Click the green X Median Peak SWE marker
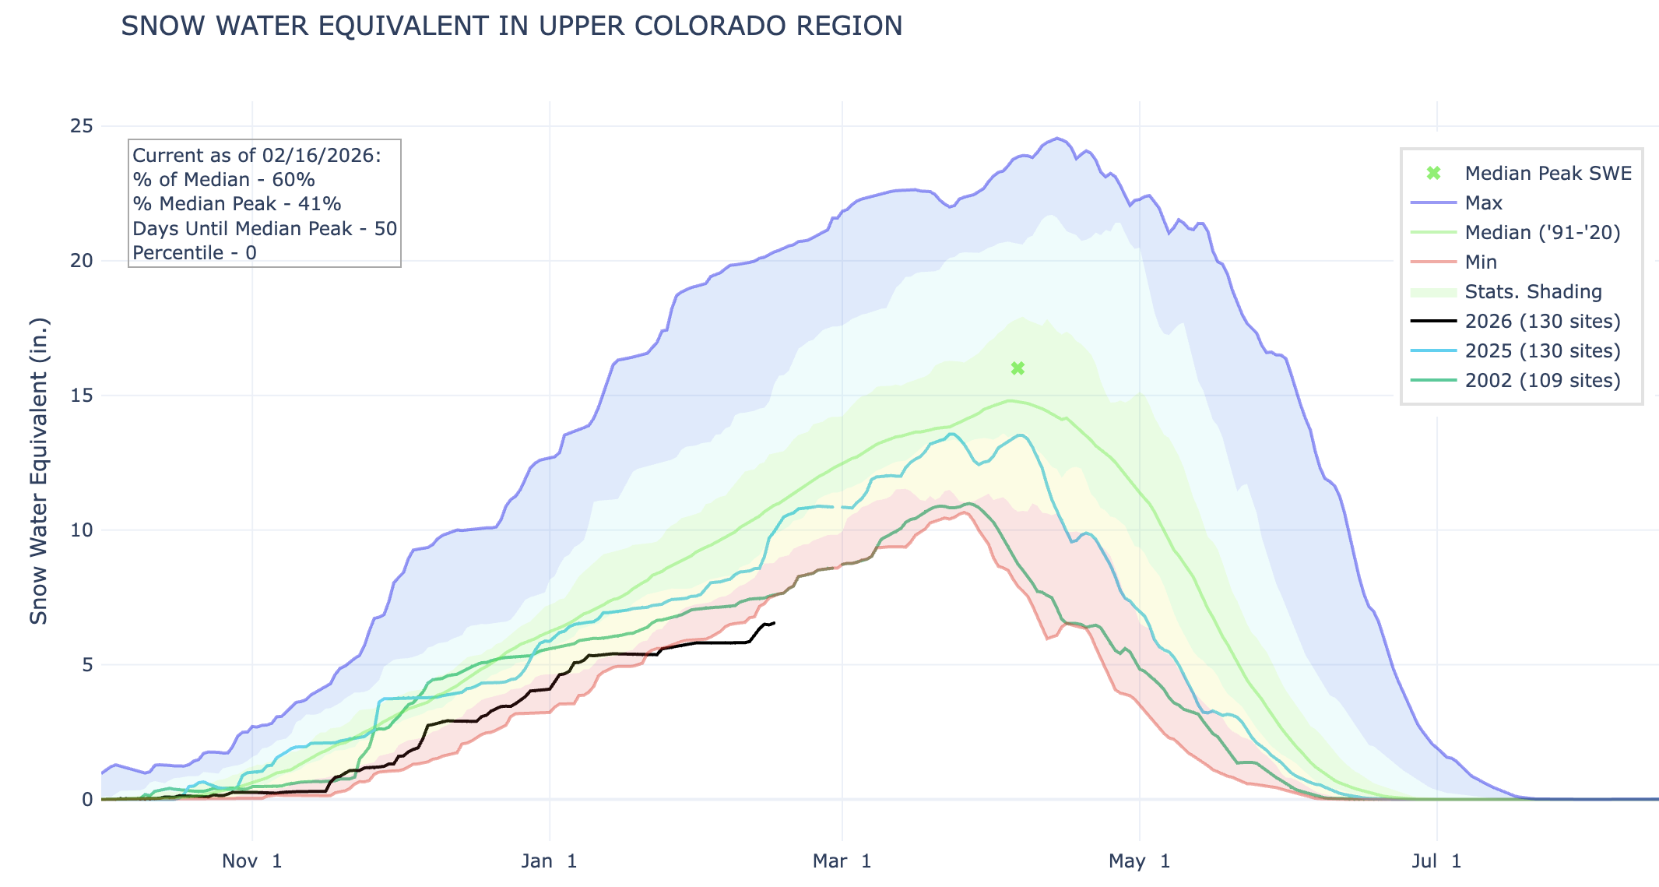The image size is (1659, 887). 1018,368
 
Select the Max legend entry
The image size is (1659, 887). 1483,203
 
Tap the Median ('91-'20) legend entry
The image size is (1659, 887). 1542,233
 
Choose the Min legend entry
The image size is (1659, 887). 1481,262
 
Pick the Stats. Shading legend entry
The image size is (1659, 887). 1533,292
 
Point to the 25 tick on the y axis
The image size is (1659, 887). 82,126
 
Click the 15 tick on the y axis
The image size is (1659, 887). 82,396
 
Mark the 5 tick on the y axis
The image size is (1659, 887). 86,665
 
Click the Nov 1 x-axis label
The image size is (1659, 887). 251,861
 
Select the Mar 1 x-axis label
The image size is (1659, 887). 842,861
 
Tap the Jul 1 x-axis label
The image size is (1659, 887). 1436,861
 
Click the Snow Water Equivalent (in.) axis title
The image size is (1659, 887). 39,471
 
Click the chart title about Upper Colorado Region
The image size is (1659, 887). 511,26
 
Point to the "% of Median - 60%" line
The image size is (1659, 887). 223,180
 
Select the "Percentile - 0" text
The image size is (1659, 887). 195,253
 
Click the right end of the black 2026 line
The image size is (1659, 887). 774,622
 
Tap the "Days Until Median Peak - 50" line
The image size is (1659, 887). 265,229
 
